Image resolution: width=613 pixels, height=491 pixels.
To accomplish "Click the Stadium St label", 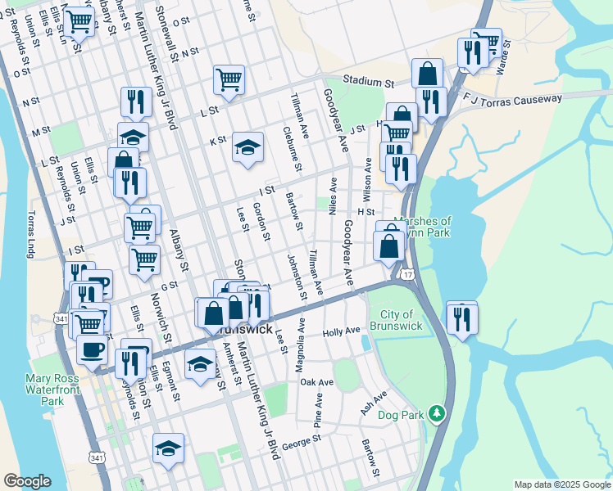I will pyautogui.click(x=369, y=82).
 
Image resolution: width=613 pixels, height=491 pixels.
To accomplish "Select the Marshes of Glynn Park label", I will pyautogui.click(x=422, y=227).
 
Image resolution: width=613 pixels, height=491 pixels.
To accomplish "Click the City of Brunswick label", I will pyautogui.click(x=402, y=320).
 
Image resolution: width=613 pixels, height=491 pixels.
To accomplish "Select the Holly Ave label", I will pyautogui.click(x=342, y=331).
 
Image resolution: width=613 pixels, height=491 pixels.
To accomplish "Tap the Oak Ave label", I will pyautogui.click(x=316, y=382).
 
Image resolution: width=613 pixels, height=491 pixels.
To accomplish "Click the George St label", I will pyautogui.click(x=301, y=441).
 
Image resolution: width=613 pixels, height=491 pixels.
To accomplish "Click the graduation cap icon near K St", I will pyautogui.click(x=247, y=147).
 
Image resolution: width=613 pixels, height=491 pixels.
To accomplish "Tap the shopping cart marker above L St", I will pyautogui.click(x=229, y=79).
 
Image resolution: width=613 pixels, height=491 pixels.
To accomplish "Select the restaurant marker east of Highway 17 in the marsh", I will pyautogui.click(x=462, y=318).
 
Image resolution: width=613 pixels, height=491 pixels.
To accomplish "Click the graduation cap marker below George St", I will pyautogui.click(x=168, y=448).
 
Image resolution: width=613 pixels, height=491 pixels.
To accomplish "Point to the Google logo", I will pyautogui.click(x=27, y=481).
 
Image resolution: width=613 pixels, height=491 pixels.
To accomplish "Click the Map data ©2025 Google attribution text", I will pyautogui.click(x=561, y=484).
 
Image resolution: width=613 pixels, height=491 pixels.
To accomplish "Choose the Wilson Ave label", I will pyautogui.click(x=368, y=181).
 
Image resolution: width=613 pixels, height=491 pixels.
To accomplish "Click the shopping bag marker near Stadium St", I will pyautogui.click(x=427, y=74).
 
